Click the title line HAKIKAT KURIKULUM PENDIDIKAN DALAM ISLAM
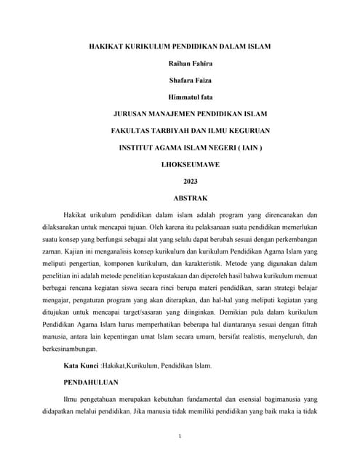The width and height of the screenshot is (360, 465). (180, 46)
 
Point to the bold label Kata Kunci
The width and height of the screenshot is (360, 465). (81, 365)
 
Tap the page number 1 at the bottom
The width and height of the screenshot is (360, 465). (180, 436)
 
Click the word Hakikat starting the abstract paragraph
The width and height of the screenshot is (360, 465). (79, 215)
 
